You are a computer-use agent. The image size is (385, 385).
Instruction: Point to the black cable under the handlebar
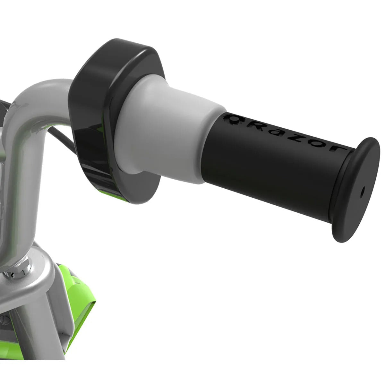point(62,138)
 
